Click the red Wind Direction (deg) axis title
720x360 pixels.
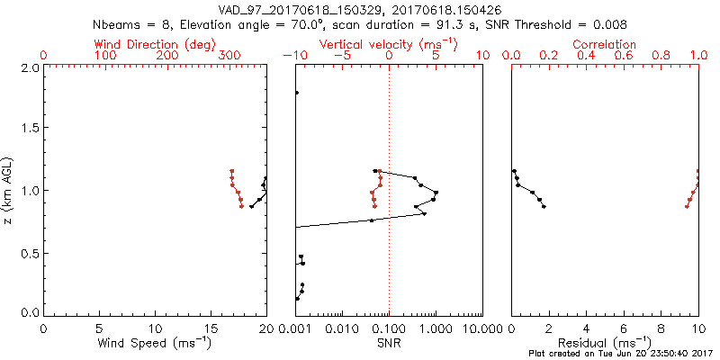coord(155,44)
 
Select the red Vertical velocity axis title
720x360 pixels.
coord(388,44)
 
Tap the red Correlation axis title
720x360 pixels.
coord(605,44)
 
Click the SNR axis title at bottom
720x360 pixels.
coord(388,343)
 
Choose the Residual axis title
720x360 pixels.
coord(605,343)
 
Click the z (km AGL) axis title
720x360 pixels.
coord(8,190)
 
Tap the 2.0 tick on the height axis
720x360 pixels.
coord(30,67)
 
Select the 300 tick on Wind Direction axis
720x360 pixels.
coord(229,56)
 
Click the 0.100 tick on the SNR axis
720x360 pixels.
coord(390,328)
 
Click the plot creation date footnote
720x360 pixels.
coord(621,354)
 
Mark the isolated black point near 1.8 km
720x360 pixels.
coord(296,93)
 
